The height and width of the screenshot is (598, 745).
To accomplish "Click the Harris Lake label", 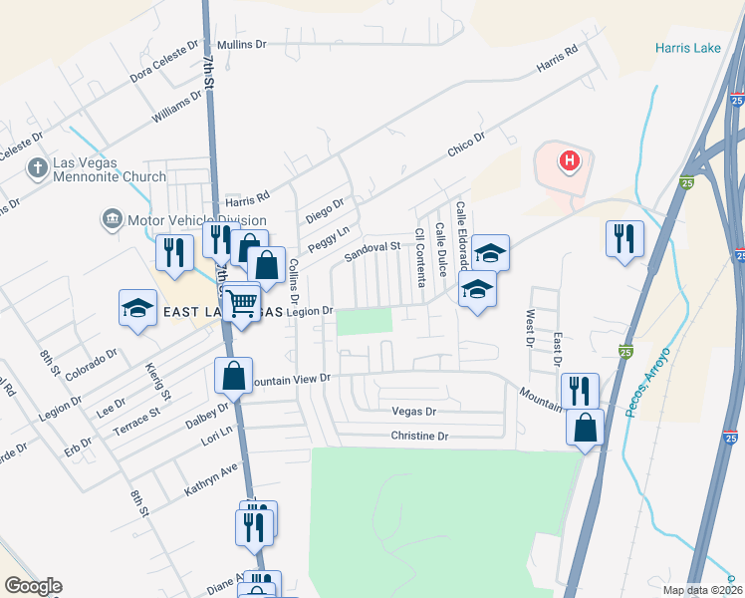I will tap(688, 47).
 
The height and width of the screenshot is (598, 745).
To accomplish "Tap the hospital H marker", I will tap(569, 159).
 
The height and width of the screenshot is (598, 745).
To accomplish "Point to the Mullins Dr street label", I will tap(242, 44).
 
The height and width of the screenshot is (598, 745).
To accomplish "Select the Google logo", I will tap(33, 587).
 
